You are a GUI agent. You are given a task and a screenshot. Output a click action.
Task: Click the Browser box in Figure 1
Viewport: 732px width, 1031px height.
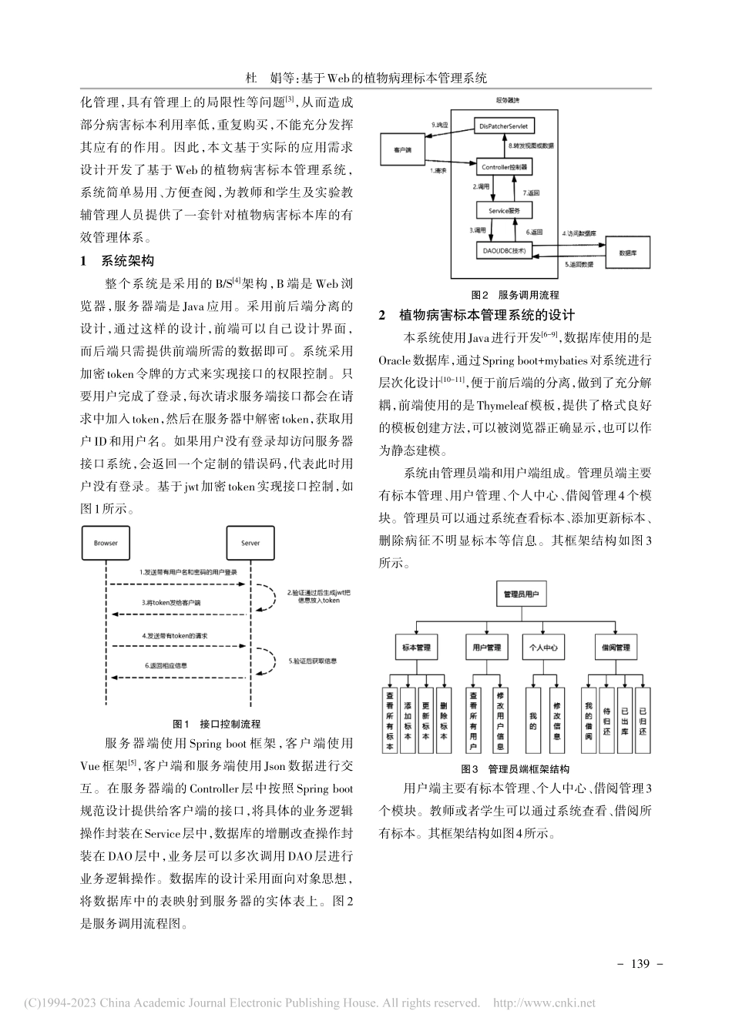tap(106, 543)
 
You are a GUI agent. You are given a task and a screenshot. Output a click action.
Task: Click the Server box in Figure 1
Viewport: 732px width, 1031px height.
tap(250, 543)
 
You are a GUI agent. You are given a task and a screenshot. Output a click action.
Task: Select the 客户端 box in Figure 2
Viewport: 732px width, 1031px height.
tap(401, 149)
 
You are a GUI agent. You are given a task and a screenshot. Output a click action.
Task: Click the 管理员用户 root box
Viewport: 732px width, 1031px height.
tap(521, 594)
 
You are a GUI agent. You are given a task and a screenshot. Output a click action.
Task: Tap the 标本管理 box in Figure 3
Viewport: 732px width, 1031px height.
tap(416, 648)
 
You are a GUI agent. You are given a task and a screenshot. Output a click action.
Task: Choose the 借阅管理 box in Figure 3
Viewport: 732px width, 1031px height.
tap(616, 648)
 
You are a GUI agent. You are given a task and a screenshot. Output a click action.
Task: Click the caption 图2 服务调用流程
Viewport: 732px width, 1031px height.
tap(515, 295)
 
